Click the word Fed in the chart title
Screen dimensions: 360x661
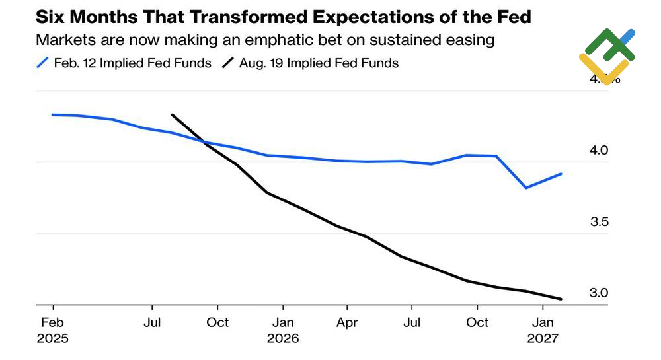512,17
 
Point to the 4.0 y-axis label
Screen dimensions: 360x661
599,151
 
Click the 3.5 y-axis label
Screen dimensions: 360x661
599,222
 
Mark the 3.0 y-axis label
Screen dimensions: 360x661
599,293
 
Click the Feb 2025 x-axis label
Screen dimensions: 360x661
53,330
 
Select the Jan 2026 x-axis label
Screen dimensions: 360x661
283,330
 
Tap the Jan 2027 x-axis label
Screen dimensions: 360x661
543,330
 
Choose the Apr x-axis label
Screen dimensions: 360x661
347,322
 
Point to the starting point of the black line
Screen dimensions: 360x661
172,114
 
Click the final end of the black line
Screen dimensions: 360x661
561,299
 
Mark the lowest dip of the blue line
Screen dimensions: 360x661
526,188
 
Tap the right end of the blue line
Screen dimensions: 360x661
561,174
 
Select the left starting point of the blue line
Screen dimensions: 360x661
53,114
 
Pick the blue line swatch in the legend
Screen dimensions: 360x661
43,63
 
